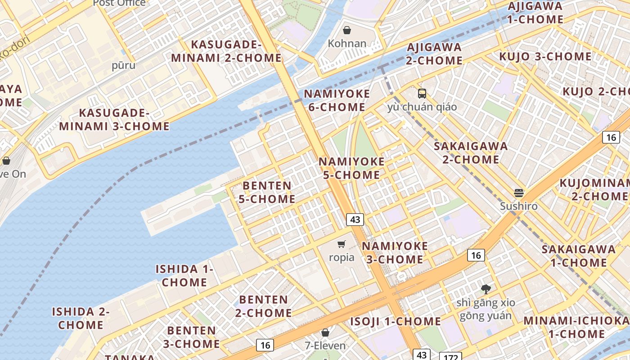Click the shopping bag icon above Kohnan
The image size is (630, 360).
point(347,30)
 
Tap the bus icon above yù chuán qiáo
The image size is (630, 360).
point(422,94)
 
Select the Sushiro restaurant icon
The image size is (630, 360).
point(519,193)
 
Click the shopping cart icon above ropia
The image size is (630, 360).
point(342,244)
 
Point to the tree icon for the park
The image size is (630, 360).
point(486,289)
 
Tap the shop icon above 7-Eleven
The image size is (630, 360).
point(325,333)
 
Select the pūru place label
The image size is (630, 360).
point(123,65)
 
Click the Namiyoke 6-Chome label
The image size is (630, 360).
point(337,100)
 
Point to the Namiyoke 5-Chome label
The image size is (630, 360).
point(351,168)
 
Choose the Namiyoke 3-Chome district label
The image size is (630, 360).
point(395,252)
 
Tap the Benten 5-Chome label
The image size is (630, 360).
point(269,192)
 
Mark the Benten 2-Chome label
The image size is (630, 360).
point(263,306)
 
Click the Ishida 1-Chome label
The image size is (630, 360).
point(184,275)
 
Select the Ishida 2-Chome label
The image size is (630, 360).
point(81,318)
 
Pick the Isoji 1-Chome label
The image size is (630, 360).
point(396,321)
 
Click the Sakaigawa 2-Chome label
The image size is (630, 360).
point(471,153)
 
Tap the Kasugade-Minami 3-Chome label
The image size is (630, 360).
point(114,119)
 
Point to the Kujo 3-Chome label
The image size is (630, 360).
point(545,57)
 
